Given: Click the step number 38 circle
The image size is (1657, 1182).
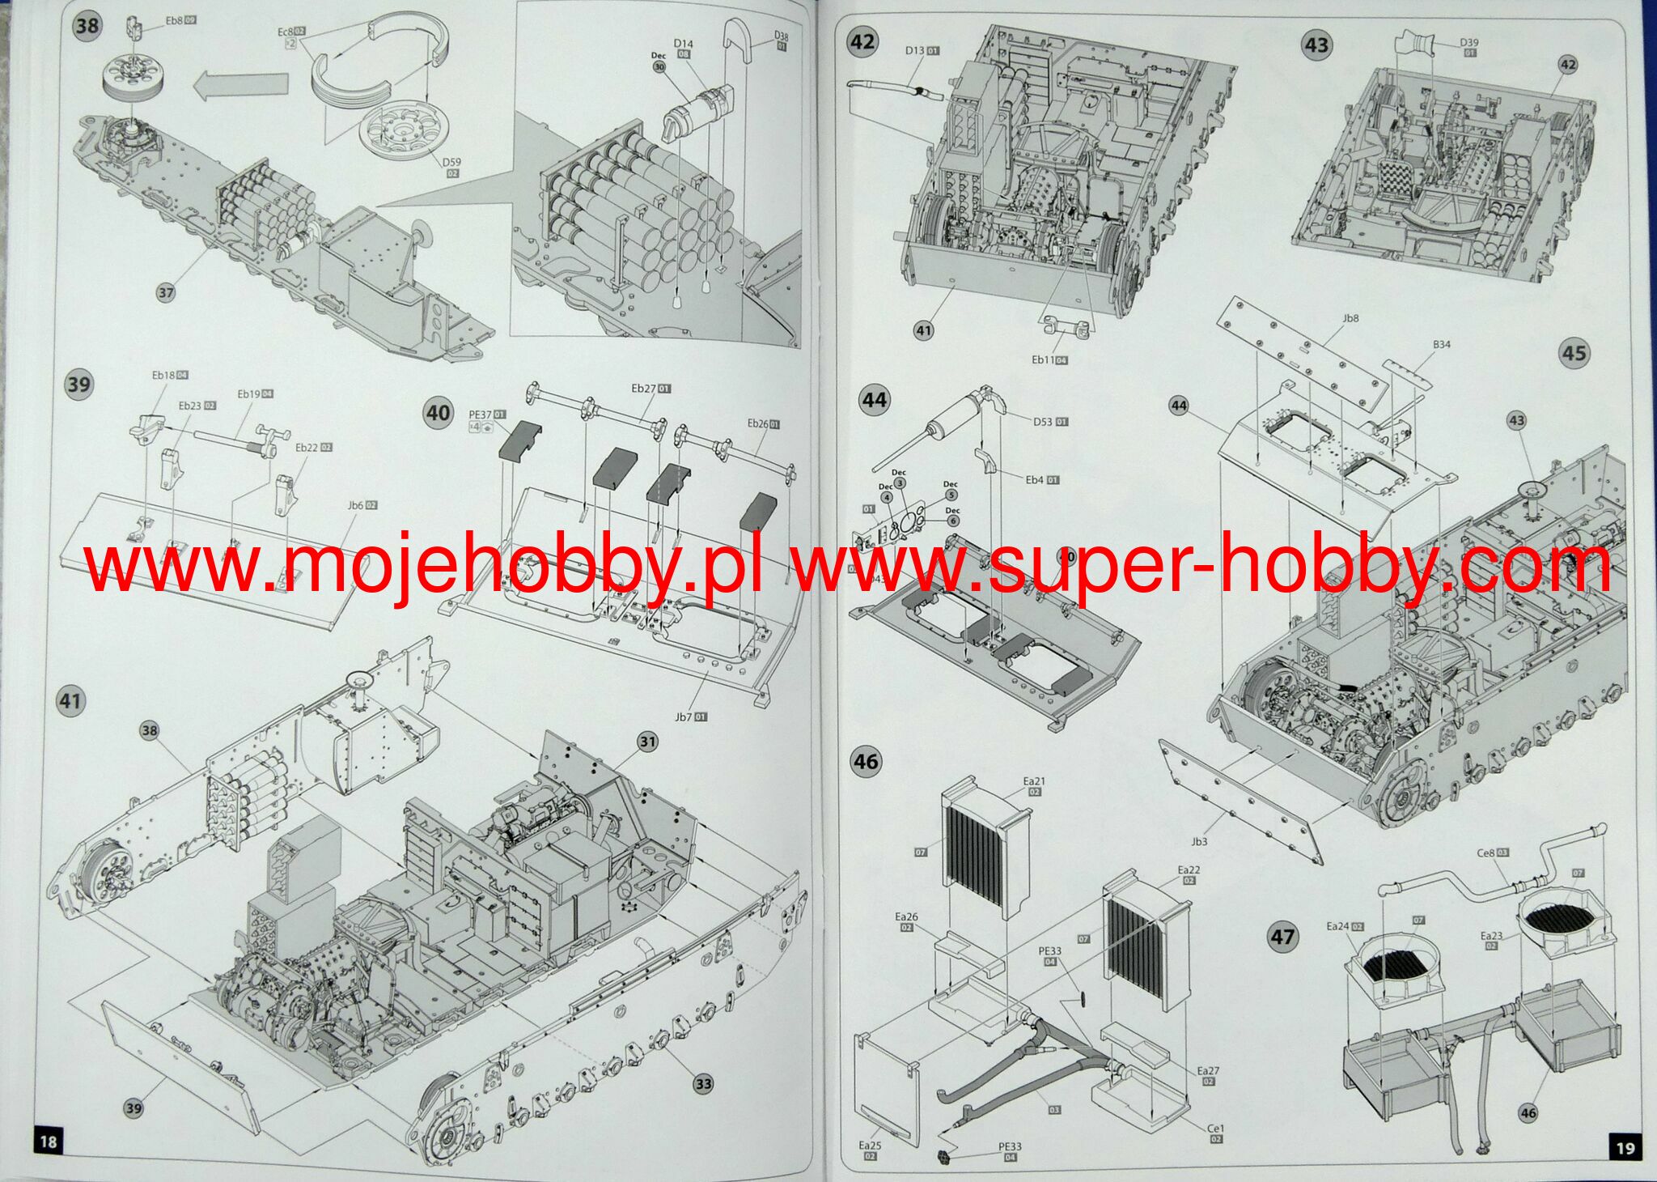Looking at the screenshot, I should tap(87, 26).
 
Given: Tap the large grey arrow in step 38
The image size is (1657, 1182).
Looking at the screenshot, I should tap(241, 84).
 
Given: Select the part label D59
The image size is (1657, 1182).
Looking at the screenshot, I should tap(451, 162).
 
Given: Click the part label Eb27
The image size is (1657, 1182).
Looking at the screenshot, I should tap(644, 389).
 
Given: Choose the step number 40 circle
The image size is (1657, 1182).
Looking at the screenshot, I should tap(438, 413).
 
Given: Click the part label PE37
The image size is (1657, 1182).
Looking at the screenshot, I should tap(481, 415).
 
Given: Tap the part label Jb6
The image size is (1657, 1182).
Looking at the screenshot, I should tap(356, 505).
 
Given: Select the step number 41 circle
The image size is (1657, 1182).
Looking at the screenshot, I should tap(71, 700).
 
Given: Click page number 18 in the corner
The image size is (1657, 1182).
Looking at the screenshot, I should tap(48, 1142).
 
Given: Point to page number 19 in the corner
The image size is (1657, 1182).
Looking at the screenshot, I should tap(1625, 1147).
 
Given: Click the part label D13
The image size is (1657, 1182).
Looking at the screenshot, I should tap(914, 50).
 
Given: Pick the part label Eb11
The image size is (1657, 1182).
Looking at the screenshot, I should tap(1043, 359).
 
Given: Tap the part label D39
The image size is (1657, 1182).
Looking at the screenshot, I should tap(1469, 43).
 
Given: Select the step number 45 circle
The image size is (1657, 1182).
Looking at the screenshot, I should tap(1574, 353).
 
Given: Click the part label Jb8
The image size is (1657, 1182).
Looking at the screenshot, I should tap(1350, 318).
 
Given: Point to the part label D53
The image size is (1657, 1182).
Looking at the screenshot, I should tap(1043, 421).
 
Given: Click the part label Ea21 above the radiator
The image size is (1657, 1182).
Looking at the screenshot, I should tap(1034, 781).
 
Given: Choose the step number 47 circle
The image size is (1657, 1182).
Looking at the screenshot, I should tap(1282, 937).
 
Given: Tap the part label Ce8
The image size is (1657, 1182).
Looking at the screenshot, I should tap(1486, 852).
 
